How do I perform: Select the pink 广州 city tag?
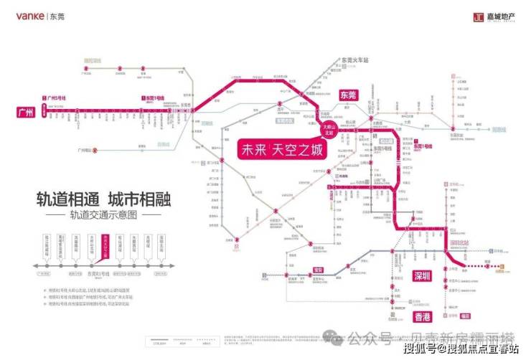click(27, 112)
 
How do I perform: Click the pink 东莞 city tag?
click(348, 95)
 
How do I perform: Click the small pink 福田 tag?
click(465, 314)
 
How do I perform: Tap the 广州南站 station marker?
click(95, 151)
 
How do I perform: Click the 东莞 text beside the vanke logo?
click(57, 16)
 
